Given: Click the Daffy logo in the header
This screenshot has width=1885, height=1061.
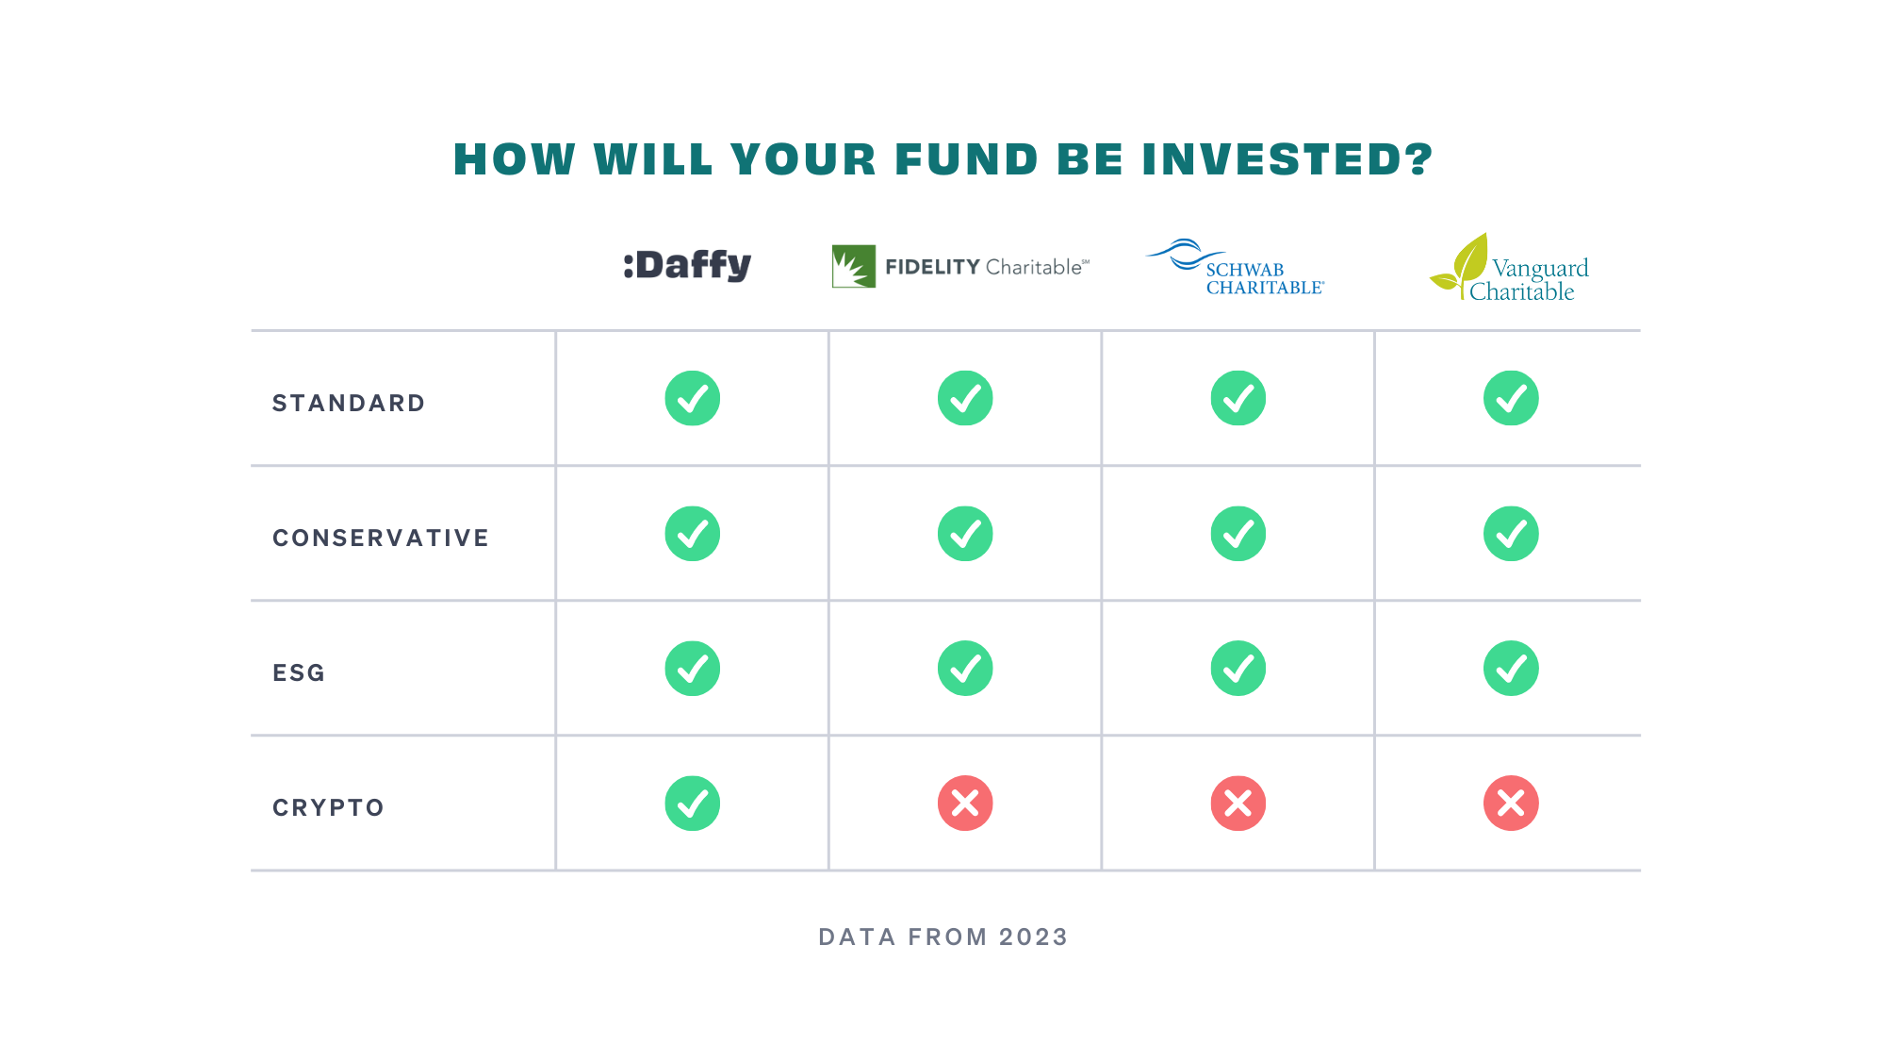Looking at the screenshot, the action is tap(687, 265).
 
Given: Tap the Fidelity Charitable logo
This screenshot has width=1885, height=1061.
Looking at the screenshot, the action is tap(960, 266).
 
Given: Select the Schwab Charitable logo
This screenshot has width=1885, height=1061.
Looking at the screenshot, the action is tap(1235, 267).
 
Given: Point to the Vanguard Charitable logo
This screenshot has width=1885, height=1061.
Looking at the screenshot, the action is tap(1509, 268).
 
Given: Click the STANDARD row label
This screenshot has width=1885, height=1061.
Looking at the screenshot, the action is tap(349, 404).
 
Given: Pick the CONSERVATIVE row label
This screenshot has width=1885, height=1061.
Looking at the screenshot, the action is tap(381, 539).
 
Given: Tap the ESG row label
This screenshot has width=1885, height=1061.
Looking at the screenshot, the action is tap(299, 673).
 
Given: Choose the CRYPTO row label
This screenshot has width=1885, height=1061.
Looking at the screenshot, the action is tap(328, 808).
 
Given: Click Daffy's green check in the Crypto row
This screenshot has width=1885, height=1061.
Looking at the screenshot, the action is tap(693, 804).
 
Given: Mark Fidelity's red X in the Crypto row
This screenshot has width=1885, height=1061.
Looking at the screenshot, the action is tap(965, 804).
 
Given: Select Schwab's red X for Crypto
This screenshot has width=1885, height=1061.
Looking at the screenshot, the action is tap(1238, 804).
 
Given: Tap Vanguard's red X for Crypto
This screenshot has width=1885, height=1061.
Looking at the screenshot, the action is tap(1511, 804).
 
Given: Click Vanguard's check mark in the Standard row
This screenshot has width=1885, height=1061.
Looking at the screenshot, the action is tap(1511, 398).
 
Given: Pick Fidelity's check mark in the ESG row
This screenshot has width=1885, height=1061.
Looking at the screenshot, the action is tap(965, 669).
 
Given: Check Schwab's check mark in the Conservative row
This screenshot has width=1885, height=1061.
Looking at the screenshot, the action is tap(1238, 534).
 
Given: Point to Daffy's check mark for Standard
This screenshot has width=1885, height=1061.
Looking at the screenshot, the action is tap(693, 398).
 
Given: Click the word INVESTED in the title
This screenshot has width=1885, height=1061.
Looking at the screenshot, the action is tap(1287, 159).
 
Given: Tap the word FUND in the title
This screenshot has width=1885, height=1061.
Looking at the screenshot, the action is tap(966, 159).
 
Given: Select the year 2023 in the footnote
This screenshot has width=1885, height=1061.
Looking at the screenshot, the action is tap(1033, 937).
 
